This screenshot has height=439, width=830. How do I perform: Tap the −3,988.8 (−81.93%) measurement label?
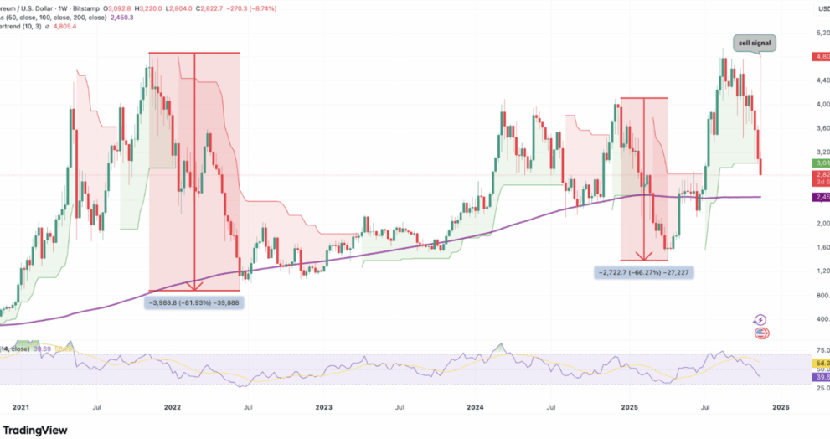click(195, 302)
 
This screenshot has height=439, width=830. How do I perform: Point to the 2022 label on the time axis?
click(172, 408)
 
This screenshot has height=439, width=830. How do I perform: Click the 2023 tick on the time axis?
click(323, 408)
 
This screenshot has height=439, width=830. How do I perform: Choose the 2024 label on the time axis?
click(475, 408)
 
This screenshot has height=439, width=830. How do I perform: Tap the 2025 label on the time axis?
click(627, 408)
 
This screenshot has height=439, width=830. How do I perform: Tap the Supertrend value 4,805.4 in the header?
click(64, 27)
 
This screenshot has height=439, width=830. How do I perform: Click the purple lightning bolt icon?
click(760, 320)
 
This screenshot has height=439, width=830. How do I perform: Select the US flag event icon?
click(761, 333)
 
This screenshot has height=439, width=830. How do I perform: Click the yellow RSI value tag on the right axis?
click(821, 364)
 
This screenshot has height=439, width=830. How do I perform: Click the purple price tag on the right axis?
click(821, 197)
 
